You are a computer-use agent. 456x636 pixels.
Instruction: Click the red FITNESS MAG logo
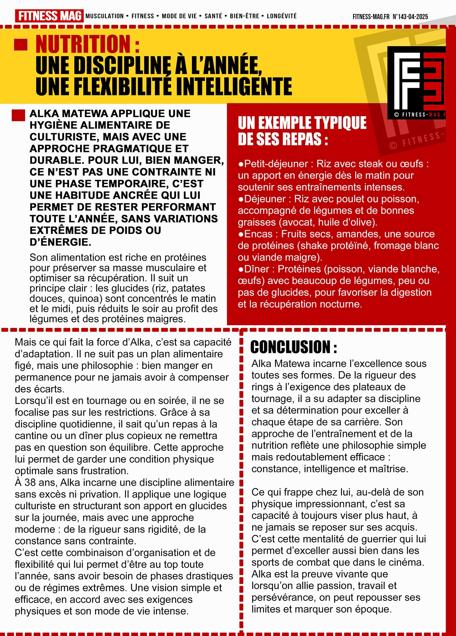tap(49, 16)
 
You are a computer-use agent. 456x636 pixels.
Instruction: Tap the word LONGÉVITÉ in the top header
tap(281, 16)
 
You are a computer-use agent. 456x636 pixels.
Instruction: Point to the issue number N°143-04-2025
tap(410, 17)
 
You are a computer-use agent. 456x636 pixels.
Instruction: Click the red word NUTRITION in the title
tap(83, 44)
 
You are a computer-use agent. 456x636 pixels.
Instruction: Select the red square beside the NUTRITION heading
tap(21, 45)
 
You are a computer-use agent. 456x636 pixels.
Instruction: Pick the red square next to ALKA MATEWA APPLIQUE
tap(19, 115)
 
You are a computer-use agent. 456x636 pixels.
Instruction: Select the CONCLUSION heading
tap(294, 347)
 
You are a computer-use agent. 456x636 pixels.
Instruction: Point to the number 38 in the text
tap(30, 483)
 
